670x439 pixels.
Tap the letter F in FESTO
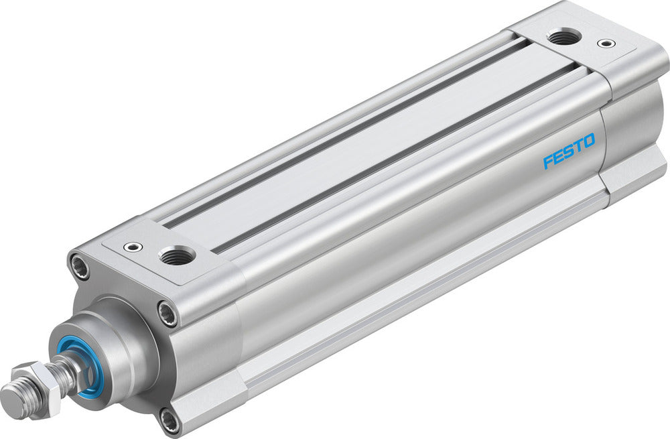click(x=547, y=162)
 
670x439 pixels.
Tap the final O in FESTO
click(x=588, y=141)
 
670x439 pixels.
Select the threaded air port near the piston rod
click(x=178, y=254)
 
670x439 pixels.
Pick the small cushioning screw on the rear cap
click(x=607, y=44)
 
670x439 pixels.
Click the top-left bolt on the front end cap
click(x=80, y=267)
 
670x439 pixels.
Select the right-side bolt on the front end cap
click(x=167, y=314)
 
